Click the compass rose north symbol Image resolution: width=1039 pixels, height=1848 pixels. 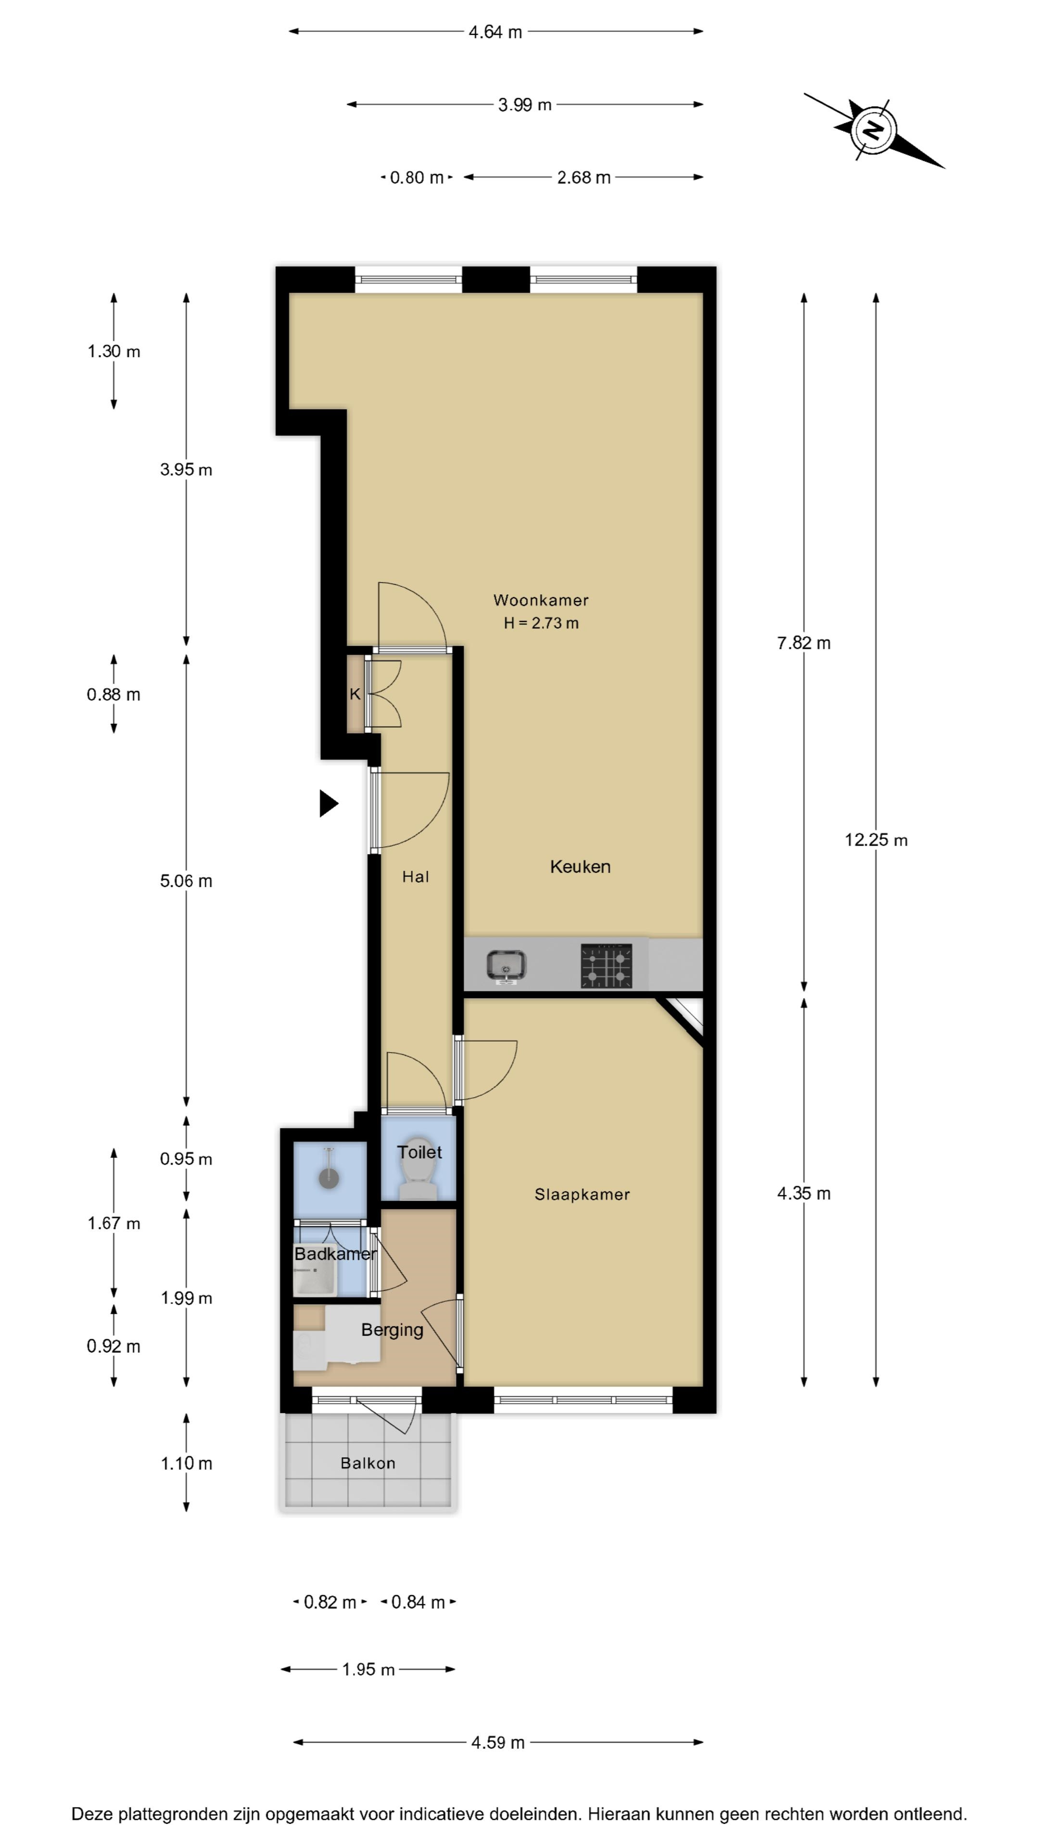(873, 130)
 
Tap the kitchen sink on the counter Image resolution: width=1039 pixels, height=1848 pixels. (506, 965)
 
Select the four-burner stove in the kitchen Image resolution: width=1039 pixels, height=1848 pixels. (607, 965)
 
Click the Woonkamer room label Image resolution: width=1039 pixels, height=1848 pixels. (541, 600)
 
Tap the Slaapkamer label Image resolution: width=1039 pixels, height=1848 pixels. (582, 1193)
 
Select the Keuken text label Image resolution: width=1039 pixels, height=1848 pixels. (580, 867)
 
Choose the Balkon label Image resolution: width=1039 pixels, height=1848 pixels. (368, 1463)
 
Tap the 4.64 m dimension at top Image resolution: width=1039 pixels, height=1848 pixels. (495, 32)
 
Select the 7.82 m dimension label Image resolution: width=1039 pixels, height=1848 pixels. (804, 643)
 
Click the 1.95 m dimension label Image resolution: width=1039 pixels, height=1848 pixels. (368, 1669)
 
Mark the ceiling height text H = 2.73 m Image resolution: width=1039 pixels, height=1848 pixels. (541, 623)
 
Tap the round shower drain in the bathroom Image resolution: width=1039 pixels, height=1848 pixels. (329, 1178)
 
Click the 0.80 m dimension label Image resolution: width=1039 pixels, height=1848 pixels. (417, 177)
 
